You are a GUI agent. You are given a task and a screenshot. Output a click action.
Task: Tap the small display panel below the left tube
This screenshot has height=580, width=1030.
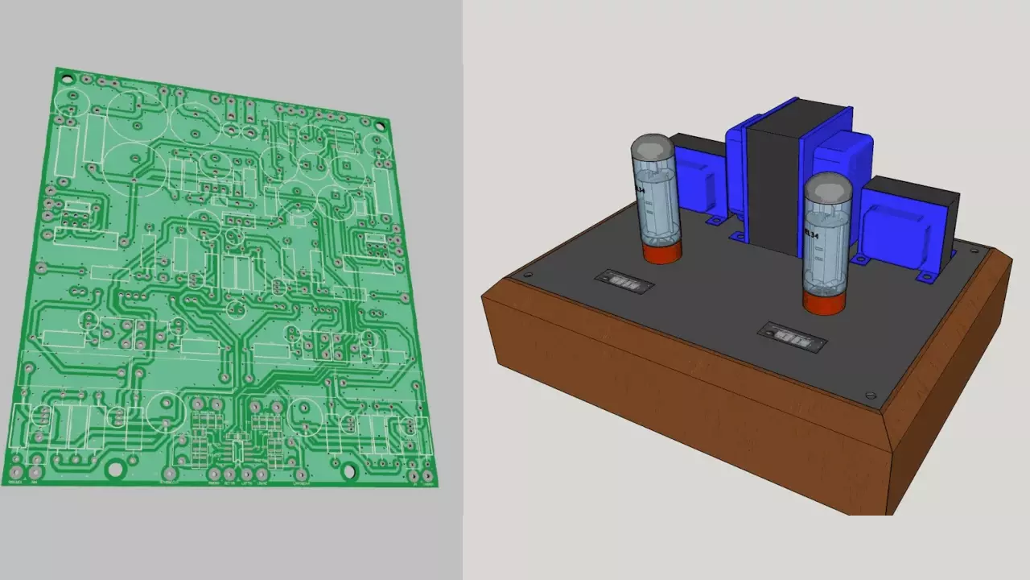click(624, 282)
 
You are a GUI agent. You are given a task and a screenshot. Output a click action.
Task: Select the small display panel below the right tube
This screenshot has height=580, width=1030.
click(793, 338)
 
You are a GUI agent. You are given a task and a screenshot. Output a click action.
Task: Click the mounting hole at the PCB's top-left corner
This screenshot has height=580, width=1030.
click(66, 79)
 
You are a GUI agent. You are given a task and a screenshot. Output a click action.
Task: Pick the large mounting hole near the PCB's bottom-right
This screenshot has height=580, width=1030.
click(348, 471)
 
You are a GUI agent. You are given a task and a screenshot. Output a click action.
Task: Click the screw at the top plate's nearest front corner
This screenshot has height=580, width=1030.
click(870, 396)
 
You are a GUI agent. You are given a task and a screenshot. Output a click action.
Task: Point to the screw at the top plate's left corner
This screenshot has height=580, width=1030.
click(527, 275)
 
